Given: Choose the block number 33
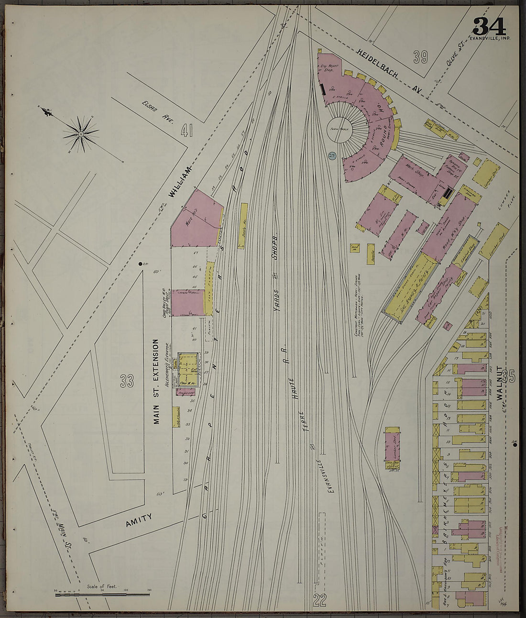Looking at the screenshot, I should coord(126,381).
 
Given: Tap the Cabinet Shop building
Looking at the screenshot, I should coord(461,247).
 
